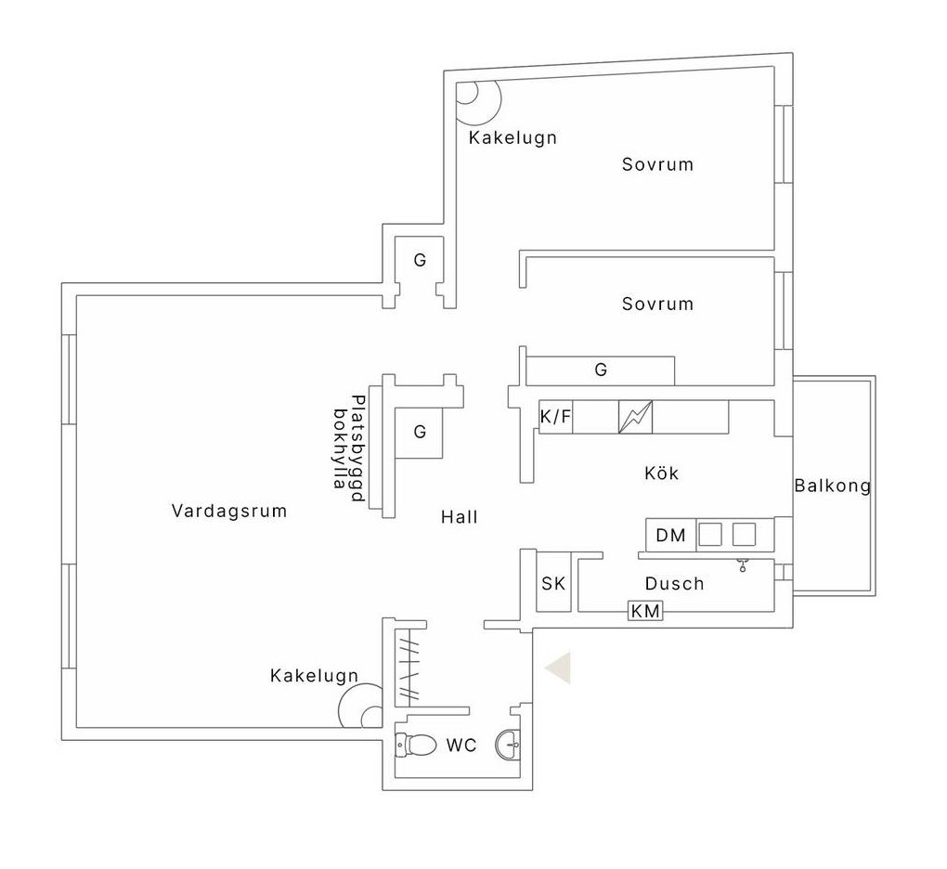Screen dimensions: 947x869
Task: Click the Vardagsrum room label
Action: pyautogui.click(x=229, y=511)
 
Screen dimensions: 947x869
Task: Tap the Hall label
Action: pyautogui.click(x=459, y=517)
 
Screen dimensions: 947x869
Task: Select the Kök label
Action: pyautogui.click(x=661, y=473)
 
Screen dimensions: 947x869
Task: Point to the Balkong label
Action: pyautogui.click(x=832, y=486)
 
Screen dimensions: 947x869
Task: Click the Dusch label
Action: pyautogui.click(x=675, y=583)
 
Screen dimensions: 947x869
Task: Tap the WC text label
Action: pyautogui.click(x=461, y=746)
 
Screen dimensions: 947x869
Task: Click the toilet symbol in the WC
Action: pyautogui.click(x=416, y=745)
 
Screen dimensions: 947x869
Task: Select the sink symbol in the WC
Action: pyautogui.click(x=508, y=745)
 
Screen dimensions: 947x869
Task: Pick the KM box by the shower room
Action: pyautogui.click(x=645, y=611)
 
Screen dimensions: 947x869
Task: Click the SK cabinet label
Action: pyautogui.click(x=553, y=583)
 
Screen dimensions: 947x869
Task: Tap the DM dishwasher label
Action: pyautogui.click(x=670, y=535)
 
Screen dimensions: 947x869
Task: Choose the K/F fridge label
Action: pyautogui.click(x=555, y=416)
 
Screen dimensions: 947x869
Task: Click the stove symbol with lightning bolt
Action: pyautogui.click(x=635, y=417)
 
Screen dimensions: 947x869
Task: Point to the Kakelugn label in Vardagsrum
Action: pyautogui.click(x=314, y=675)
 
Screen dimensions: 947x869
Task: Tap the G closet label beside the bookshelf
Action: pyautogui.click(x=420, y=432)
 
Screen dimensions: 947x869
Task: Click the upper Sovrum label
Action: pyautogui.click(x=657, y=164)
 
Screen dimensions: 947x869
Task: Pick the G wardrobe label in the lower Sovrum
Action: pyautogui.click(x=601, y=370)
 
